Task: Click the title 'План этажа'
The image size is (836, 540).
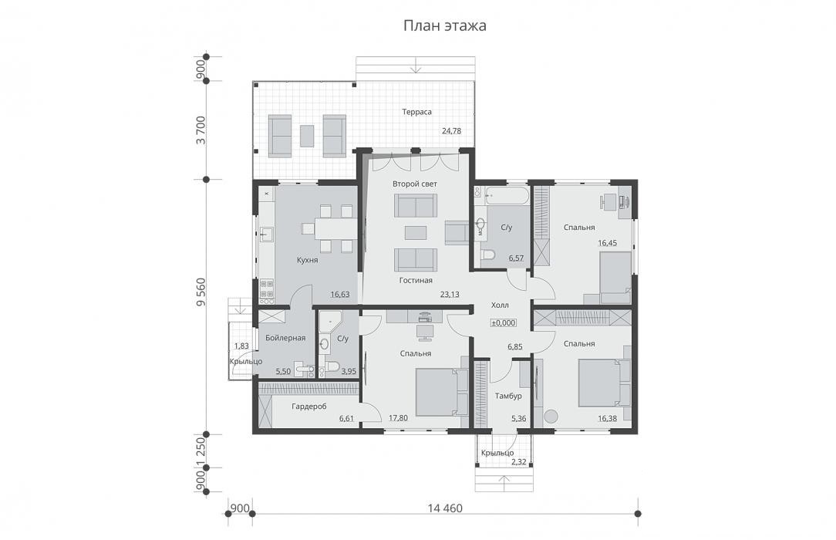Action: [x=444, y=25]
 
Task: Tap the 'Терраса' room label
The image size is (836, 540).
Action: [x=417, y=112]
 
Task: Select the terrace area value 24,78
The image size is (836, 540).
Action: [x=451, y=130]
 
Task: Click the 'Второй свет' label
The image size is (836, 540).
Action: [x=415, y=184]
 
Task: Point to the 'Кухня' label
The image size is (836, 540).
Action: [x=307, y=260]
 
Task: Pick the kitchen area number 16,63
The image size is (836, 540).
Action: [x=339, y=294]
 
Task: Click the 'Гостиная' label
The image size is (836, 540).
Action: [x=416, y=280]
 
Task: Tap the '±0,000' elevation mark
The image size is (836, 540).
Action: [x=504, y=322]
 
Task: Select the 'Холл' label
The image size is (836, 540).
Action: [x=500, y=305]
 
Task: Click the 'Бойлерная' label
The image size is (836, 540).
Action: [x=285, y=338]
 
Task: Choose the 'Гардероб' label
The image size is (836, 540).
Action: [x=309, y=407]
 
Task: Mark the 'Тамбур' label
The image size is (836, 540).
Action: [x=508, y=396]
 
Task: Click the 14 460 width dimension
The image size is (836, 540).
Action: [x=445, y=508]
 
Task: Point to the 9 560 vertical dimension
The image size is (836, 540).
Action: [x=201, y=292]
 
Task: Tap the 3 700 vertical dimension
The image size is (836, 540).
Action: [x=201, y=130]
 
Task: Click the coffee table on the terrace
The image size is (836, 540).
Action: [x=307, y=136]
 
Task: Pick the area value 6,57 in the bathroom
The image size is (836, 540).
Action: [x=516, y=258]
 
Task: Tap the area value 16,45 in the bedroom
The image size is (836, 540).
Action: [x=607, y=243]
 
